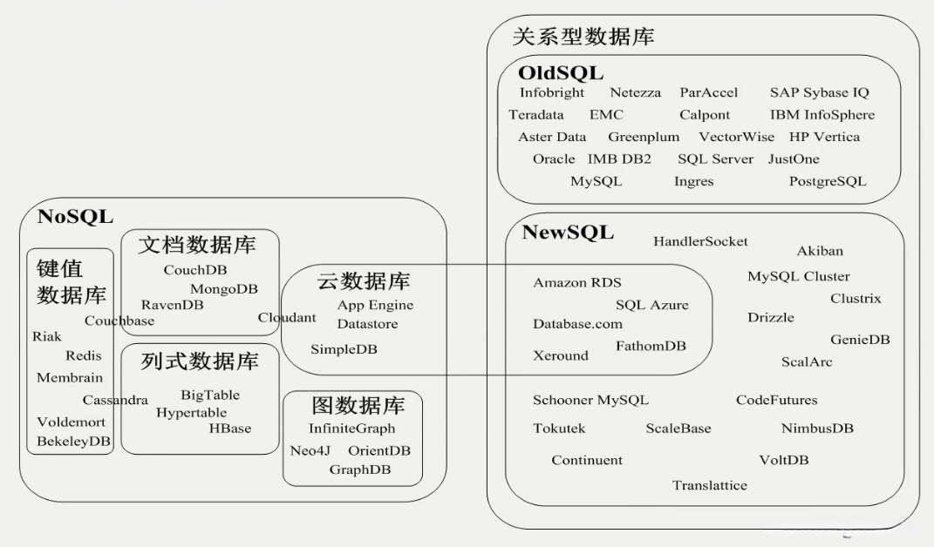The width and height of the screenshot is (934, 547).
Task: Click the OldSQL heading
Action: pyautogui.click(x=560, y=72)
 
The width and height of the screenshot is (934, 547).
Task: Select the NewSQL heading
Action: pyautogui.click(x=568, y=233)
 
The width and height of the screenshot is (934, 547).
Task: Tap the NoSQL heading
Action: pyautogui.click(x=75, y=217)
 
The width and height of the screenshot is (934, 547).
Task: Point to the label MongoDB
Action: pyautogui.click(x=224, y=288)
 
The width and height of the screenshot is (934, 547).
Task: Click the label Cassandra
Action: pyautogui.click(x=115, y=401)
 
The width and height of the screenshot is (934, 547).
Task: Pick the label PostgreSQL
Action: pyautogui.click(x=827, y=182)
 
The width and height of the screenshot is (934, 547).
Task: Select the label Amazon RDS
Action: pyautogui.click(x=576, y=283)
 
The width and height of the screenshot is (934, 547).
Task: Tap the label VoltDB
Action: pyautogui.click(x=783, y=460)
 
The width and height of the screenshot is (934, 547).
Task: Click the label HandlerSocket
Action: pyautogui.click(x=700, y=241)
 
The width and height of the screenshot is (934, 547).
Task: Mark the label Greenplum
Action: pyautogui.click(x=644, y=137)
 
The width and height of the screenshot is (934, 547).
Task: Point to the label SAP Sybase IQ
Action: pyautogui.click(x=819, y=92)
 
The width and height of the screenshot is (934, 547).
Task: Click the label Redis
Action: pyautogui.click(x=84, y=355)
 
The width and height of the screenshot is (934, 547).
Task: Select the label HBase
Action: pyautogui.click(x=229, y=429)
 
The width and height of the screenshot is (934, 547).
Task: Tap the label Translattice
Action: pyautogui.click(x=709, y=485)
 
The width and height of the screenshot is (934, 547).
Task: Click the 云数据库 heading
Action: pyautogui.click(x=363, y=281)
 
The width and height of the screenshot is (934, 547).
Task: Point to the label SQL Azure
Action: pyautogui.click(x=651, y=305)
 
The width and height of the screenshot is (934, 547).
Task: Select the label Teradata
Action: pyautogui.click(x=536, y=115)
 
